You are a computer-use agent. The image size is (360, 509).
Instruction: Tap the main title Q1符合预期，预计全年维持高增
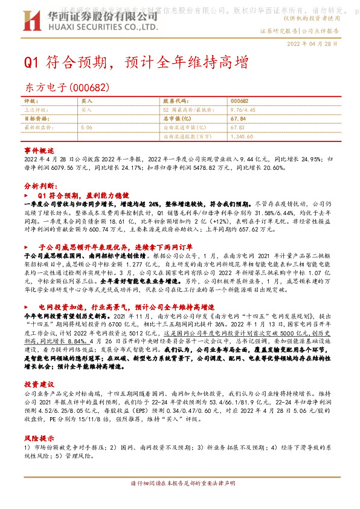coord(136,62)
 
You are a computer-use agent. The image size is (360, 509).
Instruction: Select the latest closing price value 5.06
coord(86,128)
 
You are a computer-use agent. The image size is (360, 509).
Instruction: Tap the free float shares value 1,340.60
coord(241,137)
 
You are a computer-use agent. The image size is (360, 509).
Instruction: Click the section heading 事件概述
coord(39,149)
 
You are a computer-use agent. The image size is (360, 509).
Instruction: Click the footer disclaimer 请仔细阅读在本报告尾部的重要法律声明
coord(180,501)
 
